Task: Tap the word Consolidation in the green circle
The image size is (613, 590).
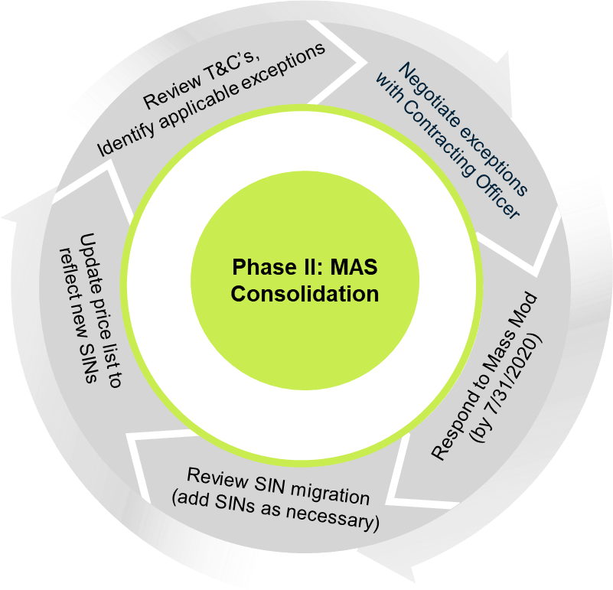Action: coord(305,293)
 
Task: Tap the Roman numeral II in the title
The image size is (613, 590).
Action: coord(297,269)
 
